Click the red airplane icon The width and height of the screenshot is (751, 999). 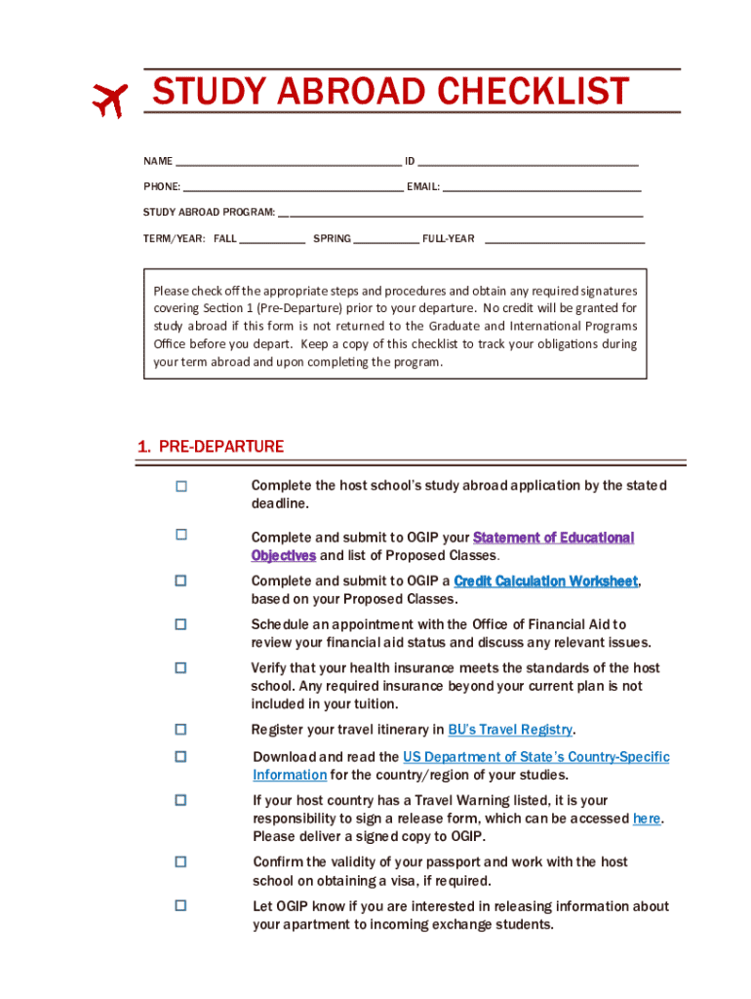coord(109,98)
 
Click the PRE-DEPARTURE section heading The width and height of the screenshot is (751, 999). coord(211,447)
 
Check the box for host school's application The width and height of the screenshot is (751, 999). coord(180,486)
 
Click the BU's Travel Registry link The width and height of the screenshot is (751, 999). coord(510,730)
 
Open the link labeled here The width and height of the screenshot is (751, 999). coord(647,819)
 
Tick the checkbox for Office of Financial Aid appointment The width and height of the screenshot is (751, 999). coord(180,623)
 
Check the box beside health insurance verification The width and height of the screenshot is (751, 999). coord(180,668)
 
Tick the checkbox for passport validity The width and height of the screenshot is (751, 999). coord(180,861)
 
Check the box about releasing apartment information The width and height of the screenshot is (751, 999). coord(180,905)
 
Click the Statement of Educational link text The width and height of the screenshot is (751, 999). coord(553,538)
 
